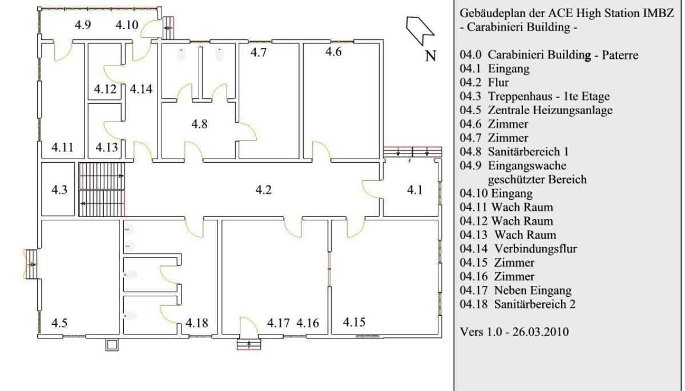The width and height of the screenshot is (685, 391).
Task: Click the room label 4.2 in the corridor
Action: (263, 190)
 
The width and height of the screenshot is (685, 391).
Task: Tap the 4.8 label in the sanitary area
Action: (199, 124)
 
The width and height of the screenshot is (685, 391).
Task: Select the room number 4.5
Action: (59, 323)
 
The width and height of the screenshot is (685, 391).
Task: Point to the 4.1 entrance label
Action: (414, 190)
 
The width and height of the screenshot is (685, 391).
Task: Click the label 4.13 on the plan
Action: (107, 147)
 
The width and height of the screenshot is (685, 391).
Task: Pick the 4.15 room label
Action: (354, 322)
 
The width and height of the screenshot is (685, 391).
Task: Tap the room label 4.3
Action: (59, 190)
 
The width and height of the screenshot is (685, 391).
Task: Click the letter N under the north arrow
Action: (430, 56)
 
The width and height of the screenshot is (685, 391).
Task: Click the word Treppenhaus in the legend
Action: (520, 96)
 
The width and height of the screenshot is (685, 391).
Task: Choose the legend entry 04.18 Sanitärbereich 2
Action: (517, 304)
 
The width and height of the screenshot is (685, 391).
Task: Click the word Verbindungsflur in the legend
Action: (536, 248)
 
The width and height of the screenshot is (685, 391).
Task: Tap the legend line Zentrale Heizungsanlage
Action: (550, 110)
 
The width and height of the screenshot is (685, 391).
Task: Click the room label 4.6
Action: (333, 51)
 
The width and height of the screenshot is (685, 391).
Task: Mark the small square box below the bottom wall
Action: (112, 345)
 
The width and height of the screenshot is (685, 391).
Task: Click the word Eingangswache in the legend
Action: (527, 166)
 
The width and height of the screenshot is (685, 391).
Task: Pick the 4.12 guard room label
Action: (105, 89)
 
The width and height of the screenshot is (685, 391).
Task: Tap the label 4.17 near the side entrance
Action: (279, 323)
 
